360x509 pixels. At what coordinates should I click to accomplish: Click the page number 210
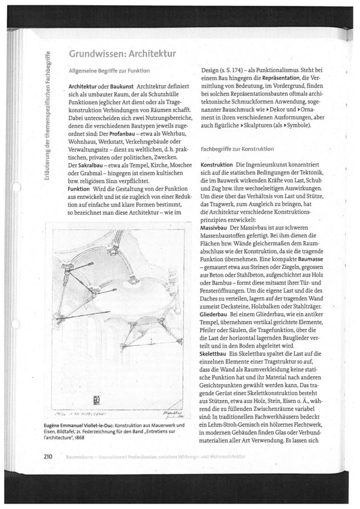(x=48, y=456)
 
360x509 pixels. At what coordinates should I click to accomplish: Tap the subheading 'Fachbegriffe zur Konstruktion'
(x=237, y=149)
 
